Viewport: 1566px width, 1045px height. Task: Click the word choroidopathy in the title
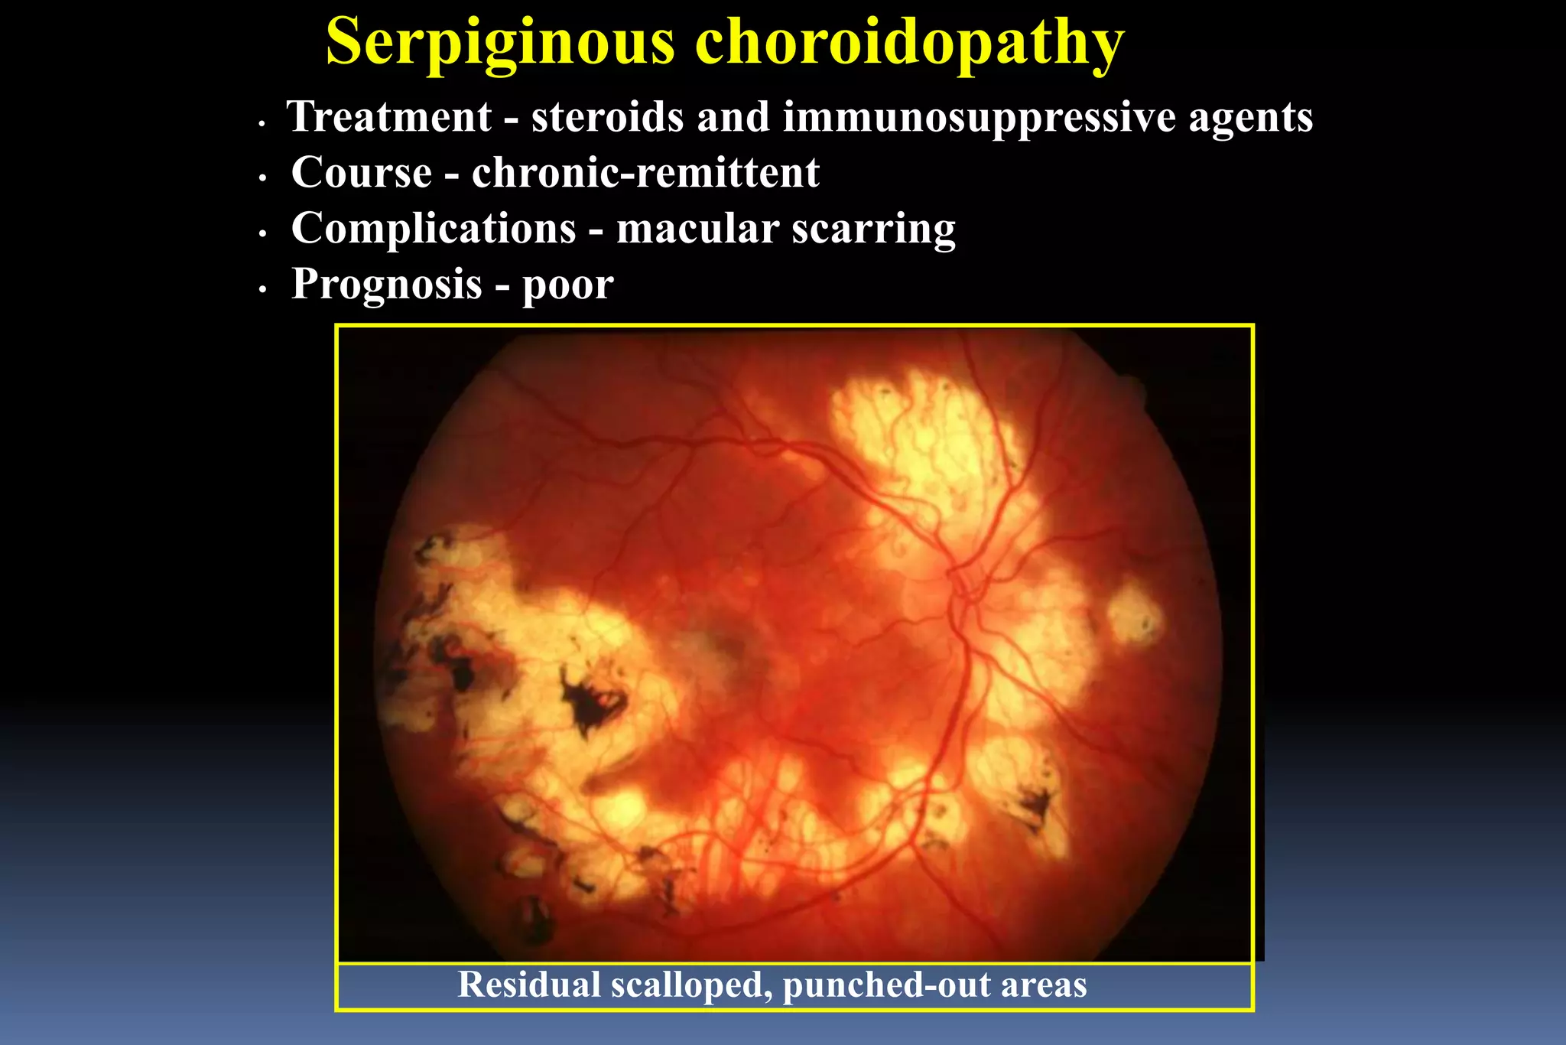click(x=909, y=42)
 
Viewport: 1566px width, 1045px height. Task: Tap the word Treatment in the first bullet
click(x=389, y=117)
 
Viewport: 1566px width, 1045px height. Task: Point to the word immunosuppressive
click(x=979, y=117)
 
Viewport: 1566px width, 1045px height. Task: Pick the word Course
click(x=362, y=172)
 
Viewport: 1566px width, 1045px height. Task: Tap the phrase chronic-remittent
click(x=645, y=172)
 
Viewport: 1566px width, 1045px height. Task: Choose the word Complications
click(x=434, y=228)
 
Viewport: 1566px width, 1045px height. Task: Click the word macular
click(x=697, y=228)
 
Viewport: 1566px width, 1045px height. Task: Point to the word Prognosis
click(x=387, y=284)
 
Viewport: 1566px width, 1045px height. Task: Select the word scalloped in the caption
click(x=692, y=985)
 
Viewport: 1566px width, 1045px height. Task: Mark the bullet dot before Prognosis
click(x=262, y=290)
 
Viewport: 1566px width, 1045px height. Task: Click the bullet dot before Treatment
click(x=262, y=122)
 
